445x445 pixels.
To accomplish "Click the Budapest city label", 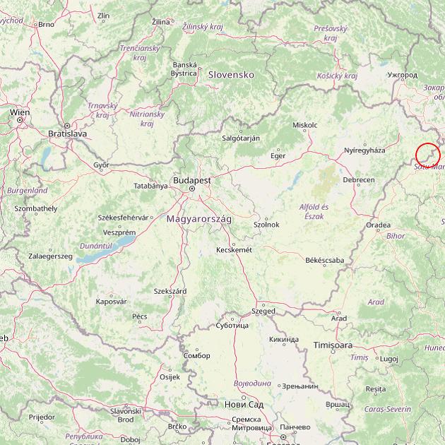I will coord(191,180).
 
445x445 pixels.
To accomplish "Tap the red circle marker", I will coord(428,155).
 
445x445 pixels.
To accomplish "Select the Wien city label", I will coord(19,112).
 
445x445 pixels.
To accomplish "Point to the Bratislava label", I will coord(67,133).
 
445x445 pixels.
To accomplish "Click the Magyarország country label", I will coord(199,219).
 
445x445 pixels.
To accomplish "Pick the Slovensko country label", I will coord(230,74).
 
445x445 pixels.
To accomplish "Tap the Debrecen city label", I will coord(359,180).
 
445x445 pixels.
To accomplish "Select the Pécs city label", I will coord(140,316).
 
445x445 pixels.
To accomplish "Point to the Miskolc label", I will coord(304,125).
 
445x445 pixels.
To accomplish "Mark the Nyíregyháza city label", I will coord(364,150).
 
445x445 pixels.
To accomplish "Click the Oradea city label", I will coord(378,225).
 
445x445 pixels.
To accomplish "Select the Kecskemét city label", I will coord(235,249).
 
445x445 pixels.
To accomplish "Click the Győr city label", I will coord(101,165).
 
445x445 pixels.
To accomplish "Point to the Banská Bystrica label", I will coord(184,69).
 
